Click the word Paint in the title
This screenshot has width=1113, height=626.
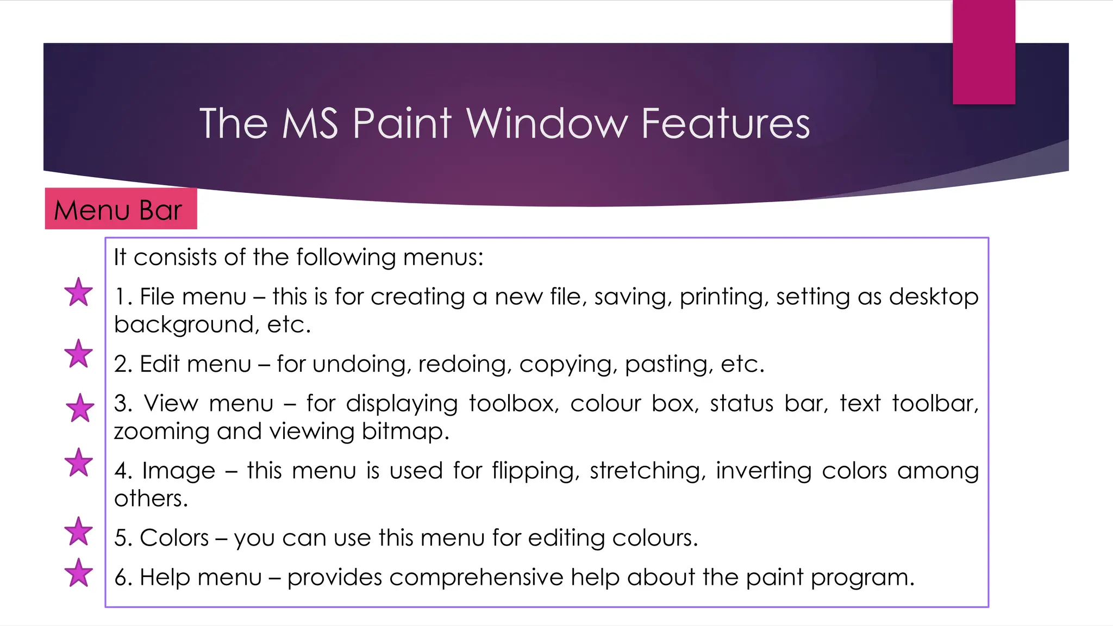coord(402,124)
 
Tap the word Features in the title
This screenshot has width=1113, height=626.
coord(725,124)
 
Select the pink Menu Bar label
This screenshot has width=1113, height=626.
coord(120,209)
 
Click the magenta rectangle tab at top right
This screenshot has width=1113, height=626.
coord(984,52)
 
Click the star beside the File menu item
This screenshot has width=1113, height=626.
coord(79,292)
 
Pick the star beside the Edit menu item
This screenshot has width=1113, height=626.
coord(79,354)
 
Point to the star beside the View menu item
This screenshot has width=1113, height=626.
coord(80,408)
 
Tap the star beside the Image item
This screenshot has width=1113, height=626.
coord(79,463)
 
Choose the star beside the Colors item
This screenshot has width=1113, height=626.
coord(79,531)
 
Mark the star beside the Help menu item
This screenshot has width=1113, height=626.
coord(79,573)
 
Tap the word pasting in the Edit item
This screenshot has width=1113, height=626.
coord(668,364)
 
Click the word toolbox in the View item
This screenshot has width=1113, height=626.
coord(513,404)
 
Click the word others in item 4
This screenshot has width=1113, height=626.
coord(151,499)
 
